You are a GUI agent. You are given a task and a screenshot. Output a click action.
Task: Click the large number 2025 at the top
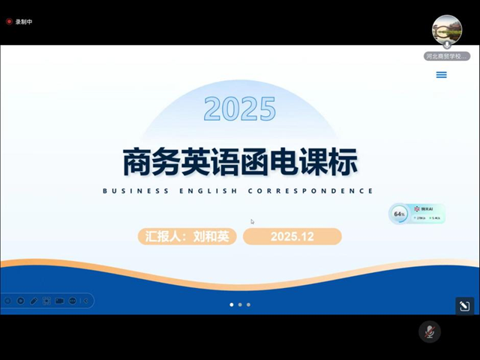(240, 109)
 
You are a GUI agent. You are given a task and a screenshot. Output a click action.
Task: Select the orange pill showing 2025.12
(292, 237)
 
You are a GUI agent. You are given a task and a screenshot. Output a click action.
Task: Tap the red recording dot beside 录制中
(9, 22)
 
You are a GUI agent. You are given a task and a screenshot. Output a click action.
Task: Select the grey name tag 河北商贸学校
(447, 56)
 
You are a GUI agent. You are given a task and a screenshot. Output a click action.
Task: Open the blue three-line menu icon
(442, 75)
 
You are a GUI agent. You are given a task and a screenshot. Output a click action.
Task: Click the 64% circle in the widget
(399, 214)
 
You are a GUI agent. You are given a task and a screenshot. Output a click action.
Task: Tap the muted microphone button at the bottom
(430, 331)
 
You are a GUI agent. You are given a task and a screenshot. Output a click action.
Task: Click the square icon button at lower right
(464, 306)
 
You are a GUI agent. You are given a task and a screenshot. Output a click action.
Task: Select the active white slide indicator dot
(231, 304)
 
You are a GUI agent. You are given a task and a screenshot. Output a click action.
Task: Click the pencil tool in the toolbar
(34, 301)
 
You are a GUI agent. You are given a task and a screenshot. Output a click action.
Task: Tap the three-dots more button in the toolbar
(73, 301)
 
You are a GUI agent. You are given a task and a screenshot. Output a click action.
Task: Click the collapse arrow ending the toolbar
(86, 301)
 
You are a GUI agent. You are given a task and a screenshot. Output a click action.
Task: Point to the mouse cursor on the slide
(252, 221)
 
